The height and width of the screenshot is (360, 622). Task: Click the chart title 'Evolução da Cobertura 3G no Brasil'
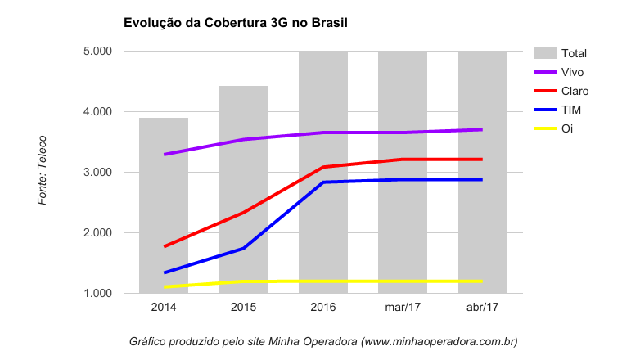236,23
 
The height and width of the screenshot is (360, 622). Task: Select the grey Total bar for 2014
164,205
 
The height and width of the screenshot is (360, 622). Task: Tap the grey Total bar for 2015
244,188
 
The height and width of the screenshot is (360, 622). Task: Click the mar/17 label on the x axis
403,308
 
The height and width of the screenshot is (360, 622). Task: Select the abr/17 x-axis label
482,308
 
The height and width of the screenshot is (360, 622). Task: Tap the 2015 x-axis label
244,308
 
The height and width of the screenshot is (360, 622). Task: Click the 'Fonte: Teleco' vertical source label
43,170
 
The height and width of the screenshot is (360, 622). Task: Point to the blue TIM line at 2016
323,182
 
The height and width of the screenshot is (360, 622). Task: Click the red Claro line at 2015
244,213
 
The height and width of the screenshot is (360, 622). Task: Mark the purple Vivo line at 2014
165,154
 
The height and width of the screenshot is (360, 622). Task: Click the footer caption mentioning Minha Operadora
323,340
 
